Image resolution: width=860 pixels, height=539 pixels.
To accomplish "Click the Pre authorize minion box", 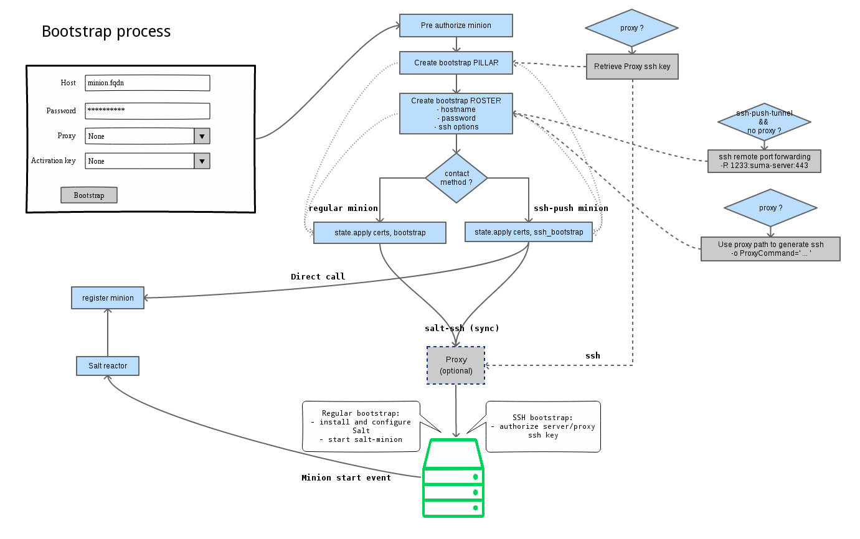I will tap(456, 26).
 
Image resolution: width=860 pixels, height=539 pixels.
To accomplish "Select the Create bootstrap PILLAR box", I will tap(456, 63).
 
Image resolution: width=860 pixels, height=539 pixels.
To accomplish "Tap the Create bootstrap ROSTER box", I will tap(456, 113).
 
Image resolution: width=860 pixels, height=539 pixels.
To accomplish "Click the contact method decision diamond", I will tap(456, 178).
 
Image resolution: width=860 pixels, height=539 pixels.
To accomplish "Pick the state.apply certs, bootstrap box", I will tap(380, 232).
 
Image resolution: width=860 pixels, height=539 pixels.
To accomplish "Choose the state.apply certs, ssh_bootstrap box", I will tap(529, 232).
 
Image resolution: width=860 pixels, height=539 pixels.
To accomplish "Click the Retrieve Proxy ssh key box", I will tap(632, 66).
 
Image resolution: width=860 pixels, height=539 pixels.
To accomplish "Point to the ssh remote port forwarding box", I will tap(764, 161).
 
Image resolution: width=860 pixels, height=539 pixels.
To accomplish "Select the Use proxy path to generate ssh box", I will tap(770, 248).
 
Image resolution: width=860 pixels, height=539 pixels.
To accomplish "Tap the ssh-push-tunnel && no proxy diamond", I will tap(764, 123).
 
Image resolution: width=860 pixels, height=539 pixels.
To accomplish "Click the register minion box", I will tap(108, 298).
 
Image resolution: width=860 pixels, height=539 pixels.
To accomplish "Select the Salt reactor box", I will tap(108, 366).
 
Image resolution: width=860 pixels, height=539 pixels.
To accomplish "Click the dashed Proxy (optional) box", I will tap(456, 365).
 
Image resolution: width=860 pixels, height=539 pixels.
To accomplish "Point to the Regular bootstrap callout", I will tap(361, 426).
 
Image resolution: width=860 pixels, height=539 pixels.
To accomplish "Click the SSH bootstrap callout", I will tap(543, 426).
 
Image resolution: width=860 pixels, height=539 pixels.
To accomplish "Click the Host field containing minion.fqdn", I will tap(148, 83).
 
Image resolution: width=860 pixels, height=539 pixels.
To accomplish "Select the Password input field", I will tap(148, 111).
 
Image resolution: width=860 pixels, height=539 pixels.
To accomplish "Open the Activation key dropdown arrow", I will tap(202, 161).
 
